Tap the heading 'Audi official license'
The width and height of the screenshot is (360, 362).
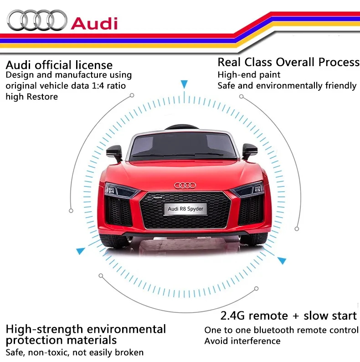tap(59, 65)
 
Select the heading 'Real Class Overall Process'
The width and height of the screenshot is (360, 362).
tap(288, 62)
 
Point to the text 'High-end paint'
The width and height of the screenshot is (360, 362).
tap(249, 74)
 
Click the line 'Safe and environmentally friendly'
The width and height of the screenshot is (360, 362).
tap(287, 85)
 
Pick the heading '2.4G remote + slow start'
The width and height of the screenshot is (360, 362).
tap(288, 315)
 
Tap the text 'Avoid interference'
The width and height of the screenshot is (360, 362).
tap(242, 341)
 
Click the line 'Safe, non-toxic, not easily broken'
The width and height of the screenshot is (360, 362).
tap(74, 352)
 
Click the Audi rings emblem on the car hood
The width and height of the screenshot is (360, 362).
tap(184, 186)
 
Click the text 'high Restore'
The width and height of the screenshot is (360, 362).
tap(31, 97)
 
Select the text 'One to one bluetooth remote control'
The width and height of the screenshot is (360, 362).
tap(281, 330)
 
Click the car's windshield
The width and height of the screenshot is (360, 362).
tap(182, 146)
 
